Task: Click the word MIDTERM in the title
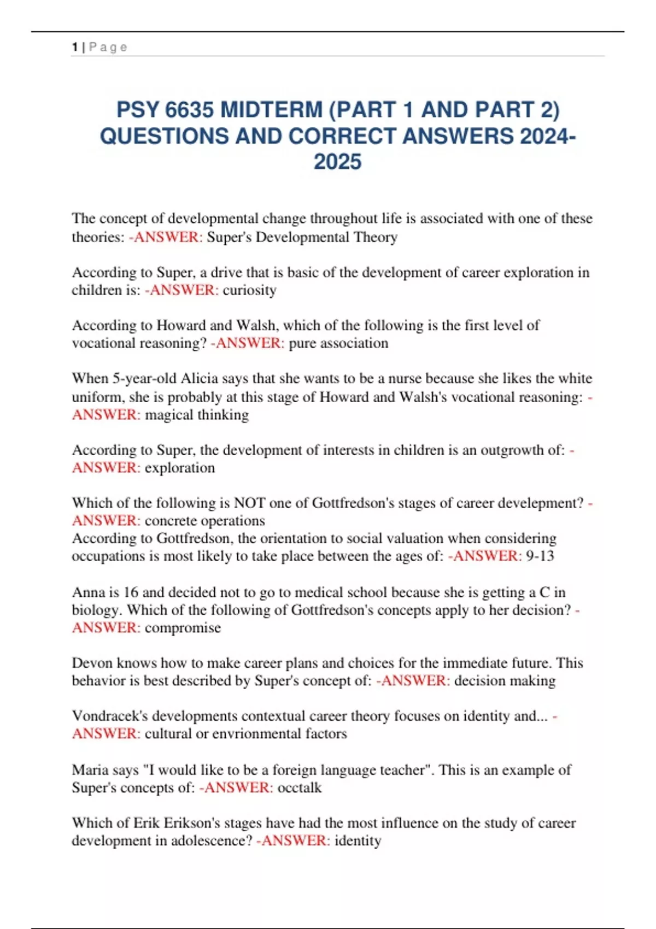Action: [x=272, y=110]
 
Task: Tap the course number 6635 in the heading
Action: [x=189, y=110]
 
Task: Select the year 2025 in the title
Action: [x=337, y=162]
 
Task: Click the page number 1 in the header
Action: [x=74, y=48]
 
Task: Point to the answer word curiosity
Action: [x=249, y=290]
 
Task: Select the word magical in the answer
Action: [x=168, y=414]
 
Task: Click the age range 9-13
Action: [x=540, y=556]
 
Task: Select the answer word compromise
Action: [x=183, y=627]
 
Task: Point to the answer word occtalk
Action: [x=300, y=787]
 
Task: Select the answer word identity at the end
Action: [x=358, y=840]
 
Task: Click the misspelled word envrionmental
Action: [x=256, y=733]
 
